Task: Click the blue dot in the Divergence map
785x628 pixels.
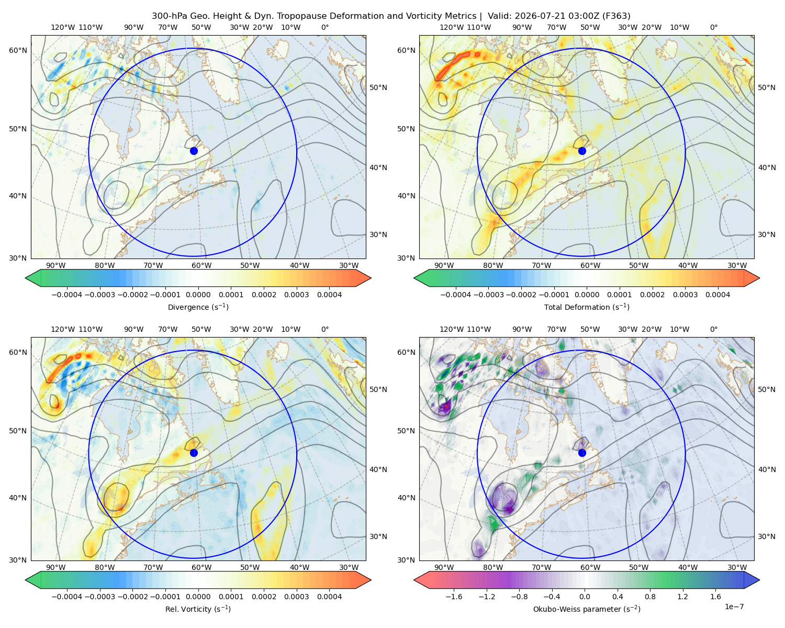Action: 194,151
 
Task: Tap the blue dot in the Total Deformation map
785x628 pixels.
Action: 582,151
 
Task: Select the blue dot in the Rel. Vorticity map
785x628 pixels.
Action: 194,453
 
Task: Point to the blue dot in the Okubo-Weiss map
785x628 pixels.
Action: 582,453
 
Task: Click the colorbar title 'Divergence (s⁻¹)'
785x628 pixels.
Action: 198,307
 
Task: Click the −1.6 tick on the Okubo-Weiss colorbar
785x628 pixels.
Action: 454,597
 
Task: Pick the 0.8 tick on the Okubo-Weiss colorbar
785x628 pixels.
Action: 650,597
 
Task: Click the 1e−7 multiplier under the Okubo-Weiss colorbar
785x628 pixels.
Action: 734,607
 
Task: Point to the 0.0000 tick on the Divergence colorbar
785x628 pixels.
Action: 198,295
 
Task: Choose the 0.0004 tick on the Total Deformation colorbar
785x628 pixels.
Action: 717,295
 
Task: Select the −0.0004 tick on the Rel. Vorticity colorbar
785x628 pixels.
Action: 67,597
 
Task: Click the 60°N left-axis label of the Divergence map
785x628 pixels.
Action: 18,50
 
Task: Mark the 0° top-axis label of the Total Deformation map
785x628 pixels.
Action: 713,27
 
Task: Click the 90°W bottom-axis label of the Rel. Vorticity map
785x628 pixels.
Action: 56,567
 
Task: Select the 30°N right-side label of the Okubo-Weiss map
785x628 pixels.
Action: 767,536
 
